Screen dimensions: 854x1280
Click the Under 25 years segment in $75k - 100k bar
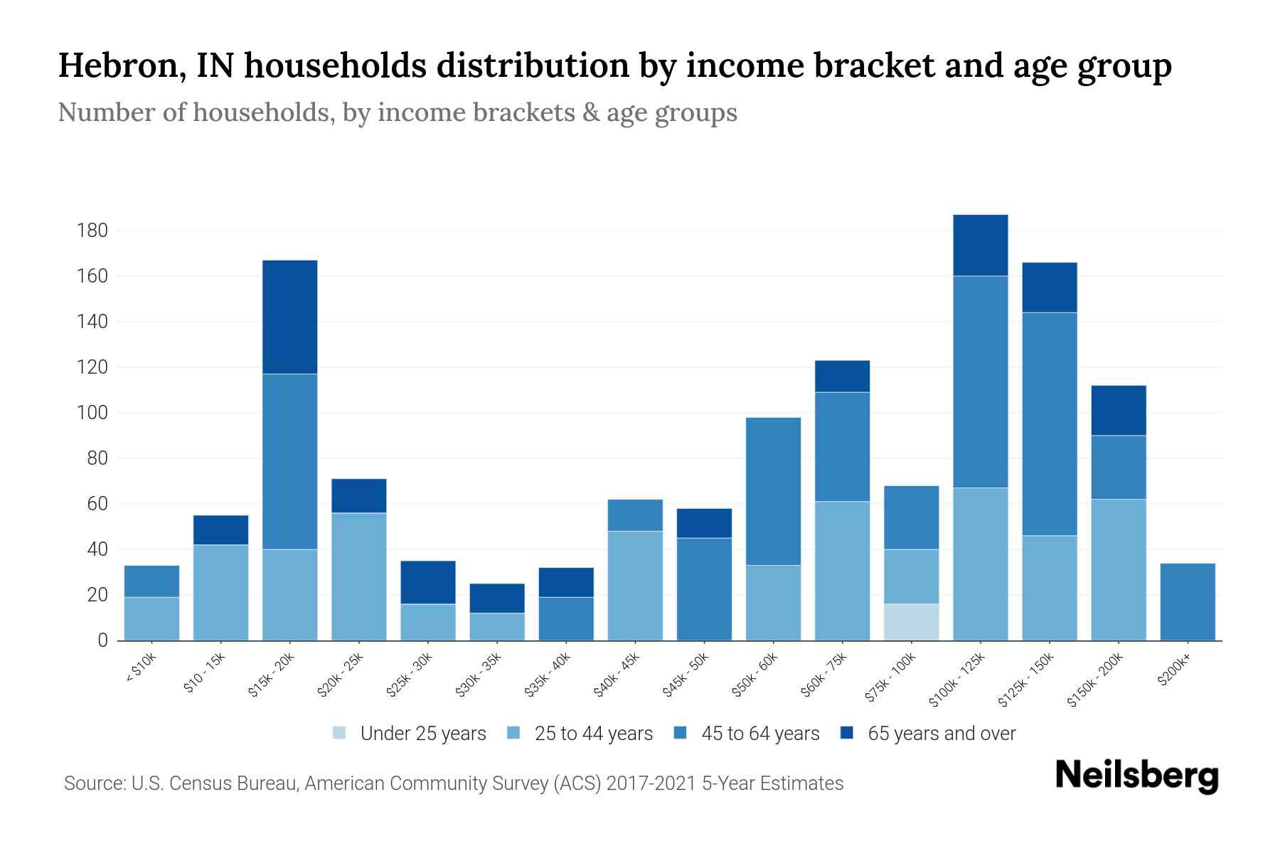point(911,622)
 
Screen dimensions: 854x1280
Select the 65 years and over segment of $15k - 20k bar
point(289,317)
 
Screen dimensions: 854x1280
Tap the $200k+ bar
point(1187,601)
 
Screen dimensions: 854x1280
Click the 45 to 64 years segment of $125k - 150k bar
point(1049,423)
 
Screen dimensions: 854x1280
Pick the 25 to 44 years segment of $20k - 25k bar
point(358,576)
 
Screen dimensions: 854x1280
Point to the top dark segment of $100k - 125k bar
point(980,245)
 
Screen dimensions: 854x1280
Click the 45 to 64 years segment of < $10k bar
point(151,581)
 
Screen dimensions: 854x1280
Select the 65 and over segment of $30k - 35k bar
point(496,598)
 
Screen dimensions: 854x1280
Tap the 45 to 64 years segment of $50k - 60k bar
point(773,491)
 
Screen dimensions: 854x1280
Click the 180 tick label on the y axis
point(92,231)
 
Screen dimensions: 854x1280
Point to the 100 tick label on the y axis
point(92,413)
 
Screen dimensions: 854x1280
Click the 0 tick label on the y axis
point(102,640)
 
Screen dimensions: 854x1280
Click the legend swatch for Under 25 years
point(340,733)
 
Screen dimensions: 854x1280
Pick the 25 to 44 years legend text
point(593,734)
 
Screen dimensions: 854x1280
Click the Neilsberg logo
point(1136,775)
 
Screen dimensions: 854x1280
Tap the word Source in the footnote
point(93,784)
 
